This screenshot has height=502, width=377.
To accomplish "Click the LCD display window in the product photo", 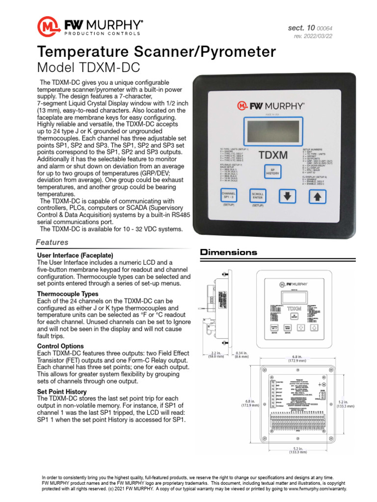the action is [273, 130].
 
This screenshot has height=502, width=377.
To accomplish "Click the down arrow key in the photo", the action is [288, 196].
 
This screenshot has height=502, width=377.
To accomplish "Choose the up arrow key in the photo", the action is [318, 196].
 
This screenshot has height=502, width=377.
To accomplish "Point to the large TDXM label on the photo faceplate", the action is [273, 155].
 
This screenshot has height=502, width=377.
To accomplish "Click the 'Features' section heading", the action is [53, 243].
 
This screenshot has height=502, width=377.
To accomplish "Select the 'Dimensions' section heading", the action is [228, 252].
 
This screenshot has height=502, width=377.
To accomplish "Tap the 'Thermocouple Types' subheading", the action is [68, 294].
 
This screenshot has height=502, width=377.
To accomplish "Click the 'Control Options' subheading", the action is [61, 347].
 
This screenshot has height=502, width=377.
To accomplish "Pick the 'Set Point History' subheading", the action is [62, 392].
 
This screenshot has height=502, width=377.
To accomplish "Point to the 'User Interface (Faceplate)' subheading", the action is [75, 256].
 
